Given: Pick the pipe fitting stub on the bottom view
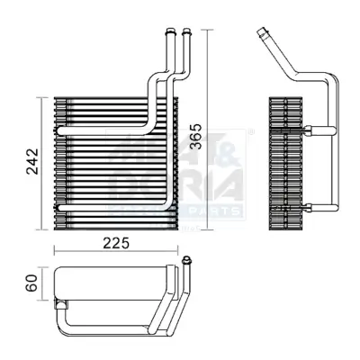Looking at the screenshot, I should [187, 262].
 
